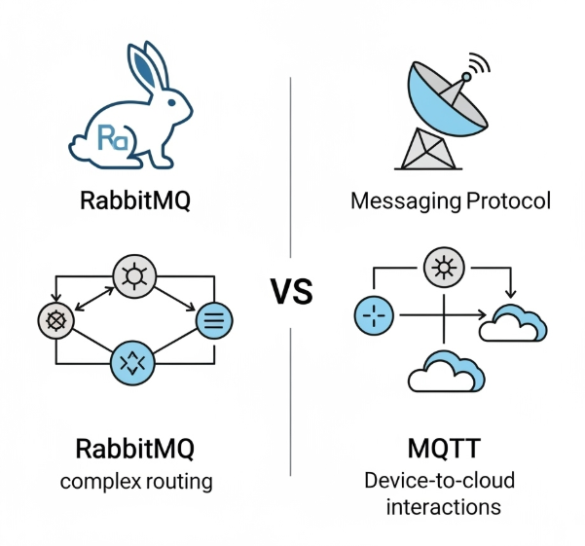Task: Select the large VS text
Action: tap(292, 291)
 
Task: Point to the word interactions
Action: tap(444, 507)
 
